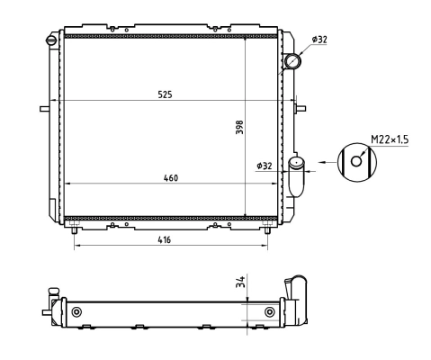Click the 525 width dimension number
point(166,93)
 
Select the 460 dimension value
point(170,177)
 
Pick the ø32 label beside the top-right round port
point(319,39)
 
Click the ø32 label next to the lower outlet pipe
point(264,166)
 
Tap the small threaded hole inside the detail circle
point(358,163)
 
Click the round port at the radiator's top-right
point(293,62)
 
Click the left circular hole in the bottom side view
point(76,311)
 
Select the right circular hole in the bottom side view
point(270,311)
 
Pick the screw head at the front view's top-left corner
point(52,40)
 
